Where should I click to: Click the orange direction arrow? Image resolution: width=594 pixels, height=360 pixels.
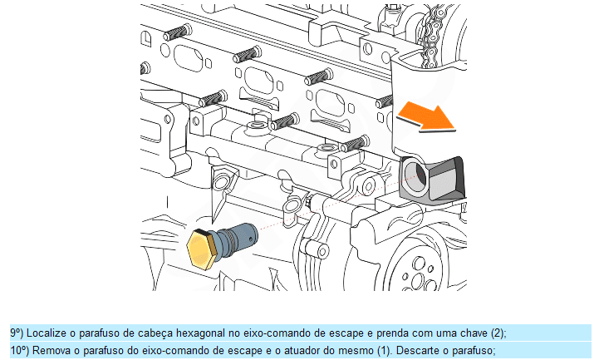tap(427, 116)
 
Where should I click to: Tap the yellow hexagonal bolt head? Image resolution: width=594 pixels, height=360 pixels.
tap(201, 249)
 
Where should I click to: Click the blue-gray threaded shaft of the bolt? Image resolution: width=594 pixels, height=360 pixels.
tap(237, 238)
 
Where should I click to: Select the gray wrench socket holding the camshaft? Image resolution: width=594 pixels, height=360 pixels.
tap(432, 179)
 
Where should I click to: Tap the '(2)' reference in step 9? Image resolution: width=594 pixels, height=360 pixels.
tap(498, 333)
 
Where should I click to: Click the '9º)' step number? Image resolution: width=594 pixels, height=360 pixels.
tap(17, 333)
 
